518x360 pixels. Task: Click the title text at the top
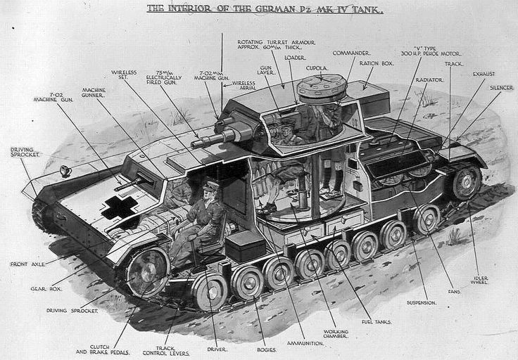tap(265, 9)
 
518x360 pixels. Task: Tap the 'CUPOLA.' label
tap(317, 68)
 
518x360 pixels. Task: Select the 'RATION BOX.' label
tap(377, 63)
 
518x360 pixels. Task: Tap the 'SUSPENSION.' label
tap(422, 302)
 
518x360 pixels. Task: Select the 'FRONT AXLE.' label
tap(29, 264)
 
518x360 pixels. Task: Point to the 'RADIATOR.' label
tap(429, 80)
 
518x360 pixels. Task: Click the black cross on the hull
tap(118, 207)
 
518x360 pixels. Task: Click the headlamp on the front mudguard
tap(65, 171)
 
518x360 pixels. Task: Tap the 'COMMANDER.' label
tap(351, 53)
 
